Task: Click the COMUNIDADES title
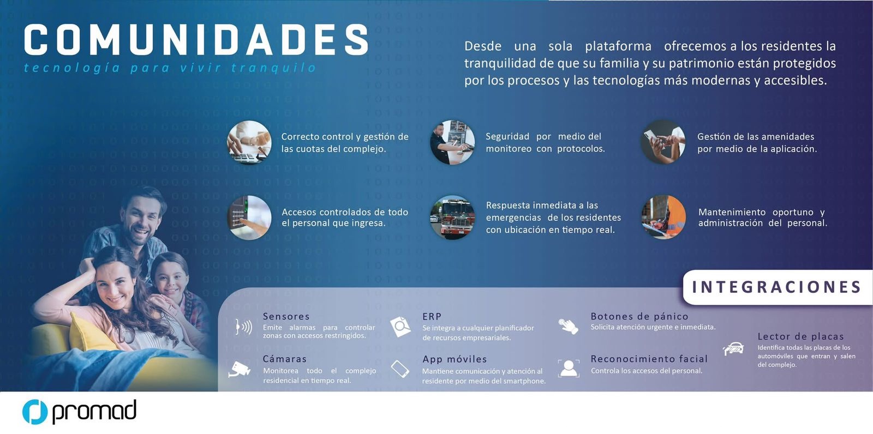click(196, 39)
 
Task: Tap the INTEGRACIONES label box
click(778, 287)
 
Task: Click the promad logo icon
click(35, 412)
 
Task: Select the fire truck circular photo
click(452, 218)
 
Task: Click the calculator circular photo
click(249, 142)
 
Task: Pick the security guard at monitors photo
click(452, 142)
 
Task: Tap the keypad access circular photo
click(249, 218)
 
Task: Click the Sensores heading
click(286, 316)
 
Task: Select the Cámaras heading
click(284, 359)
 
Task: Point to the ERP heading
click(432, 316)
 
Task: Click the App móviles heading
click(455, 359)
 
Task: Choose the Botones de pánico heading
click(639, 316)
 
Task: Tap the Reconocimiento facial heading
click(649, 359)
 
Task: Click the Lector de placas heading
click(800, 336)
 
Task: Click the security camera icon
click(240, 369)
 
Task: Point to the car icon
click(733, 348)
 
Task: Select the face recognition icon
click(569, 368)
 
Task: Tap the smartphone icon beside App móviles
click(400, 369)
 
